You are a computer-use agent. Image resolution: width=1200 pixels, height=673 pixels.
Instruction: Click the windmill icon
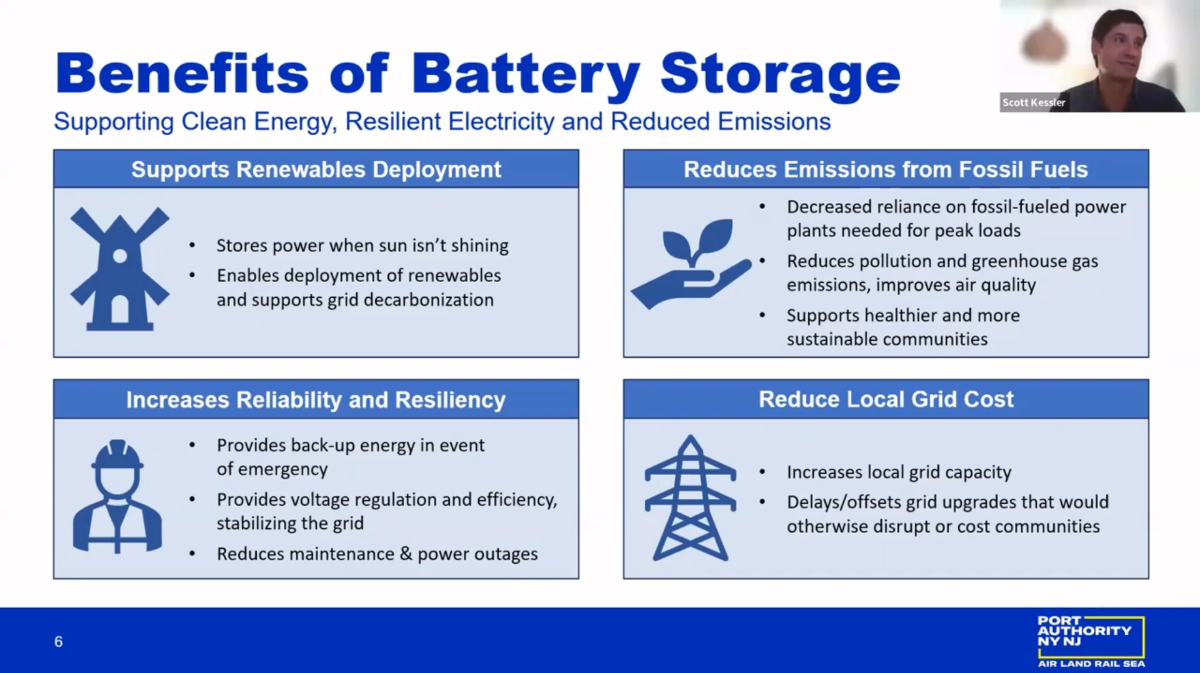119,269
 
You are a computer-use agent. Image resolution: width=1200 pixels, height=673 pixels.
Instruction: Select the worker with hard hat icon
117,497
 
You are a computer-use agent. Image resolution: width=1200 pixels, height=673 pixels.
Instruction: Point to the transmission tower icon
690,498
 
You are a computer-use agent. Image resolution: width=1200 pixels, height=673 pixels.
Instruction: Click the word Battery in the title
525,75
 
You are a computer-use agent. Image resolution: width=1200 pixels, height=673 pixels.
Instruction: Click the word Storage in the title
780,75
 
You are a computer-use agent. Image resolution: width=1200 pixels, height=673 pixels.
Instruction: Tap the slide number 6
58,642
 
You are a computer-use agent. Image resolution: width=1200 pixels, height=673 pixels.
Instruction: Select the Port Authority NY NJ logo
1091,641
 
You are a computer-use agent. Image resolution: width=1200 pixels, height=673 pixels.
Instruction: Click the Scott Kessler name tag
1034,102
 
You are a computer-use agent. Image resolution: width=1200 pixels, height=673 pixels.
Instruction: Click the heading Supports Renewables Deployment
316,170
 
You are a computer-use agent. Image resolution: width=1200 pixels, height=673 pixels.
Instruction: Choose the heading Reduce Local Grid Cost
886,400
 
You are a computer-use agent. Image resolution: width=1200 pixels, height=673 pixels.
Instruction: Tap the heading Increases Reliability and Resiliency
316,400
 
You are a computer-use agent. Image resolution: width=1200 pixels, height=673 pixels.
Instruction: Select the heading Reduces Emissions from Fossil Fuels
886,170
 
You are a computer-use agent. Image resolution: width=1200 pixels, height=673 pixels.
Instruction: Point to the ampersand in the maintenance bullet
406,554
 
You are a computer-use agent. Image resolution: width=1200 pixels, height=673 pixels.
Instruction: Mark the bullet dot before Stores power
192,246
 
